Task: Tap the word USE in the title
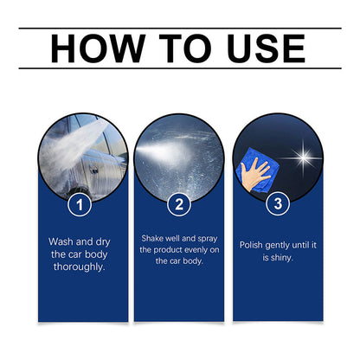click(x=260, y=48)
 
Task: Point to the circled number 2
click(x=179, y=205)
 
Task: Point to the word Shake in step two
click(x=156, y=237)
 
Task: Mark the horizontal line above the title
click(x=179, y=29)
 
